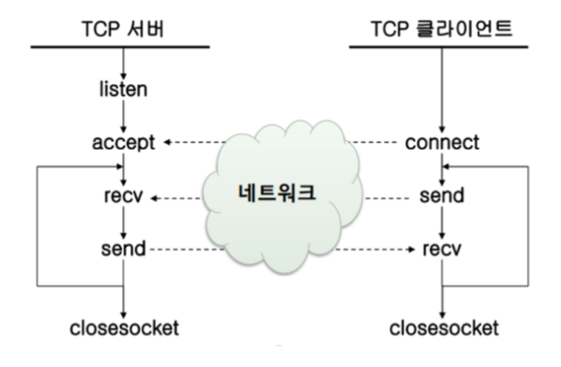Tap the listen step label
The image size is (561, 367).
[x=123, y=88]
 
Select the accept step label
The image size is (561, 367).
[x=123, y=142]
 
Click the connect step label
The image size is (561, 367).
[x=442, y=142]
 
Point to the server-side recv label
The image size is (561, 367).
[x=123, y=195]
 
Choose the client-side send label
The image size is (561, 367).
[x=442, y=195]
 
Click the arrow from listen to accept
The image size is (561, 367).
[x=123, y=115]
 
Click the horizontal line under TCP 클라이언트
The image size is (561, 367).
[x=442, y=47]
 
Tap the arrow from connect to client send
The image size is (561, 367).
[x=442, y=169]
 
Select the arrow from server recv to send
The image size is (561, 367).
[x=123, y=221]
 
